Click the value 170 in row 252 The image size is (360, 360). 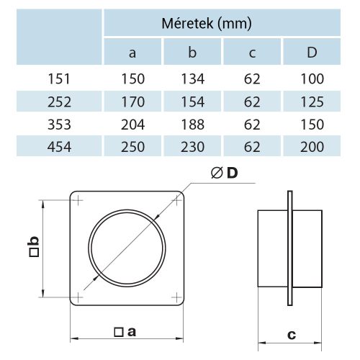coord(133,101)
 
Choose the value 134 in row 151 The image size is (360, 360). coord(193,78)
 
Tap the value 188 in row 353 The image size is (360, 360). coord(193,124)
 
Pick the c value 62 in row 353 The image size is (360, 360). coord(252,124)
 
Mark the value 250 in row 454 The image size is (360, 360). coord(133,147)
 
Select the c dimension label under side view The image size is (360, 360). coord(291,335)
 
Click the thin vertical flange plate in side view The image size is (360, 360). coord(289,248)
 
